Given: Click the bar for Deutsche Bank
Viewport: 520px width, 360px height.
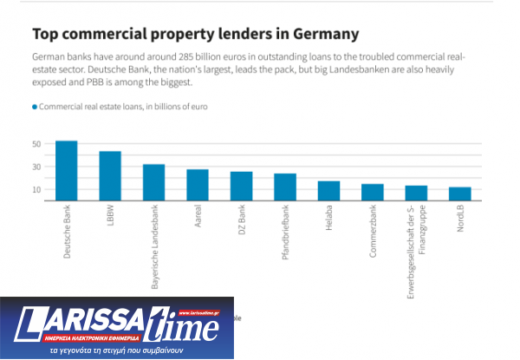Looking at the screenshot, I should (67, 171).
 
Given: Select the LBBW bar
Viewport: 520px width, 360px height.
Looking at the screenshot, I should (110, 176).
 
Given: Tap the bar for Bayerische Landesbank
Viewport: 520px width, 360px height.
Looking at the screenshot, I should (153, 182).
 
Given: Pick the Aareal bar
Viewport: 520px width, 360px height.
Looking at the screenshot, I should (198, 185).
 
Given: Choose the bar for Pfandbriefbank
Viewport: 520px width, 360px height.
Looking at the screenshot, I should (285, 187).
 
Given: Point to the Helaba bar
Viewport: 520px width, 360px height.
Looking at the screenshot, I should (328, 191).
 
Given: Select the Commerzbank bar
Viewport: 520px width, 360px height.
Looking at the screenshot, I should (373, 193).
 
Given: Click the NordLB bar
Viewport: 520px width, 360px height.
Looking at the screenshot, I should (460, 193).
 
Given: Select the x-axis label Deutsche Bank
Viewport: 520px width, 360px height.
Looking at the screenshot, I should (68, 232).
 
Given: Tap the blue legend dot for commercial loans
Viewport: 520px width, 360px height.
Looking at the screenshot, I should (35, 107).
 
